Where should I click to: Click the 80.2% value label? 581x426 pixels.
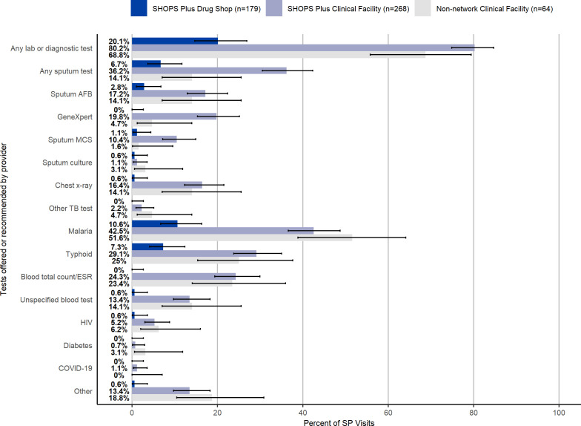119,48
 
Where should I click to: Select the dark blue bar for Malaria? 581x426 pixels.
154,224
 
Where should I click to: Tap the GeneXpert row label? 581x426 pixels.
74,117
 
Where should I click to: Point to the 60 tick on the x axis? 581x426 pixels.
388,413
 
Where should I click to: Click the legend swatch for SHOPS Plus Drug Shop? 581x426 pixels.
139,8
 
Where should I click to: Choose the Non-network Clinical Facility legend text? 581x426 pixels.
494,9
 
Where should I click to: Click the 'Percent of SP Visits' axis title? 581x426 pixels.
339,423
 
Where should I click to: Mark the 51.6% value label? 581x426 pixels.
119,237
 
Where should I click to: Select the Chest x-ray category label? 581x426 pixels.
73,186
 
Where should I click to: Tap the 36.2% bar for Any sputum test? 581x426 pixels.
209,71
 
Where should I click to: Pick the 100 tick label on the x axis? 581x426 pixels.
559,413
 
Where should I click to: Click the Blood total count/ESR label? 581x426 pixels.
56,277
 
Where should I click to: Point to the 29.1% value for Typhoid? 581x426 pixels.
119,254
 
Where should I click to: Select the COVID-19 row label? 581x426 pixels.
76,368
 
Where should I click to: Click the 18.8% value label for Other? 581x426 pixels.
119,398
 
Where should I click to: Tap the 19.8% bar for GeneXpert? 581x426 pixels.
174,117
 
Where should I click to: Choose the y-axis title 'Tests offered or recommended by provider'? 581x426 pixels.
4,219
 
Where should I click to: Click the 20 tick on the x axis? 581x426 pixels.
217,413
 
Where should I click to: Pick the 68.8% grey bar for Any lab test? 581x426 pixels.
279,55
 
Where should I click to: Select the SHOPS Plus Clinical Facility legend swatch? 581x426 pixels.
274,8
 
